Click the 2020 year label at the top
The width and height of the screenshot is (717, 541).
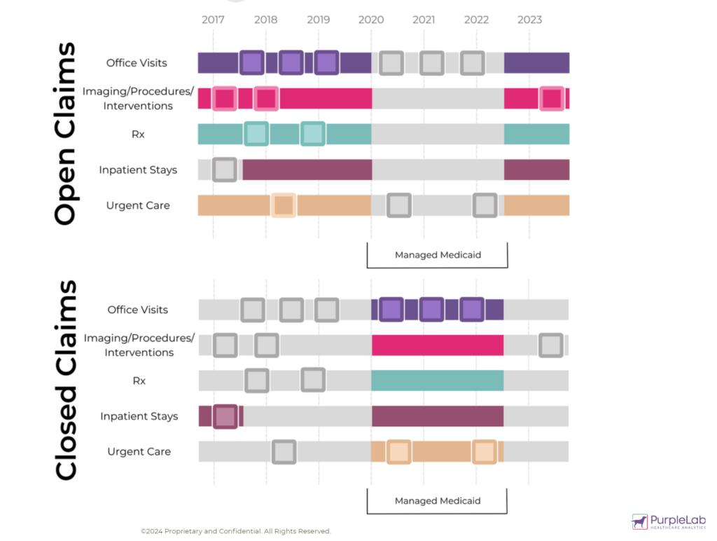coord(371,20)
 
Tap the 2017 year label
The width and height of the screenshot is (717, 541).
coord(213,20)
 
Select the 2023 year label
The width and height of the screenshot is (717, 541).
coord(529,20)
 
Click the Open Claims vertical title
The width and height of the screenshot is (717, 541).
coord(64,133)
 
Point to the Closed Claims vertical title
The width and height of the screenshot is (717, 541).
coord(65,381)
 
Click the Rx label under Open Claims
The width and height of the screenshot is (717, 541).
coord(138,134)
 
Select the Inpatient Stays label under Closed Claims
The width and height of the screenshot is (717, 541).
coord(139,416)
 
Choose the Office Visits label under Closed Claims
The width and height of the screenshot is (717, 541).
coord(138,309)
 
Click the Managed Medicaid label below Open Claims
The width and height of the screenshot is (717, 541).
coord(438,255)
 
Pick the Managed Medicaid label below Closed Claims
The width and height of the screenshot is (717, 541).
coord(438,501)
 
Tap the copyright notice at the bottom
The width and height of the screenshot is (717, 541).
coord(235,531)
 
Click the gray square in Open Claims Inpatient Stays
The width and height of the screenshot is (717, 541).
coord(224,170)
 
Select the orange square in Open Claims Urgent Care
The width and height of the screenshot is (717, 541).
coord(284,205)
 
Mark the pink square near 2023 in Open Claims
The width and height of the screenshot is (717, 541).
coord(552,99)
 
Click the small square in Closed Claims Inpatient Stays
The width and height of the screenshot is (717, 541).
coord(225,416)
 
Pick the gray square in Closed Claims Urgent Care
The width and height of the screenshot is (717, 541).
coord(284,452)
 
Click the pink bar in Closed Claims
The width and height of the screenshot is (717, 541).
coord(438,345)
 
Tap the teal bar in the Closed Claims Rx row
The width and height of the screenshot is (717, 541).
coord(438,381)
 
